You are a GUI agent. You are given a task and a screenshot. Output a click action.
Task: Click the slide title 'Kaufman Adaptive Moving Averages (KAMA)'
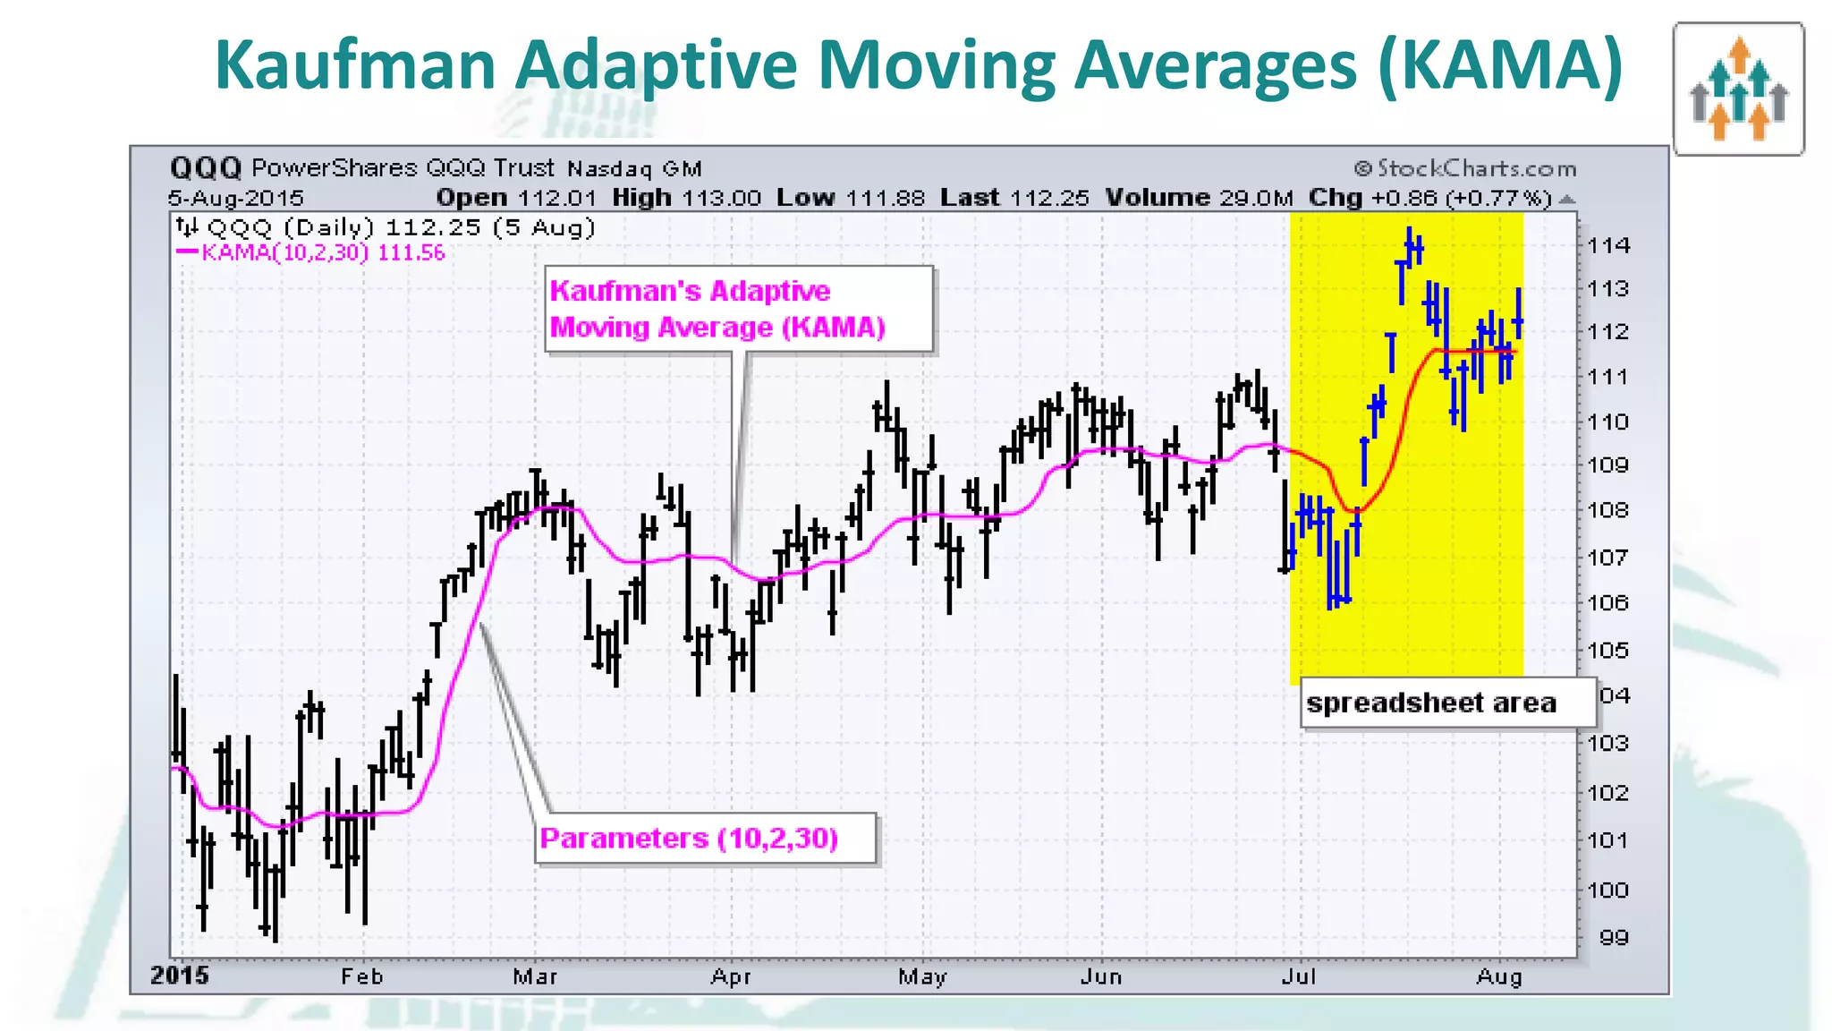pyautogui.click(x=918, y=65)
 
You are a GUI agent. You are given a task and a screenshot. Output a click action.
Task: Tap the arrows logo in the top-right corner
pyautogui.click(x=1738, y=89)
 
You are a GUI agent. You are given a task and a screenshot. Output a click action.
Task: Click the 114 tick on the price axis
pyautogui.click(x=1608, y=245)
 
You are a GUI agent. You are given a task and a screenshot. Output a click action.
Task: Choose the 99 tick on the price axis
pyautogui.click(x=1613, y=938)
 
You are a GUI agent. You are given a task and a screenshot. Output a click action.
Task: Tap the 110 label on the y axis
pyautogui.click(x=1608, y=422)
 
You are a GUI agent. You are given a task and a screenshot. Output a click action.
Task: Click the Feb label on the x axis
pyautogui.click(x=361, y=976)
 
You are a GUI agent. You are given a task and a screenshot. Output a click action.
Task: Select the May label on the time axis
pyautogui.click(x=922, y=976)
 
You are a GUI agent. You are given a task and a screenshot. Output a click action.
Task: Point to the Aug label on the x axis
pyautogui.click(x=1498, y=976)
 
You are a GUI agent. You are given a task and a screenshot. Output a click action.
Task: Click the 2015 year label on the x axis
pyautogui.click(x=180, y=976)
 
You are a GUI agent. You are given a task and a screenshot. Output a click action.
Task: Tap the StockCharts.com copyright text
pyautogui.click(x=1464, y=168)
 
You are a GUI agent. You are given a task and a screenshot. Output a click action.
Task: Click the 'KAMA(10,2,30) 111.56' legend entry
pyautogui.click(x=322, y=252)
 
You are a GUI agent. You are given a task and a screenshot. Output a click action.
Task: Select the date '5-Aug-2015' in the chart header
pyautogui.click(x=236, y=198)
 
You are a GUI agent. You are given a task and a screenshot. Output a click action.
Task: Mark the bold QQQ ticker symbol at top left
pyautogui.click(x=206, y=167)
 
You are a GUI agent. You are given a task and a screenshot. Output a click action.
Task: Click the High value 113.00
pyautogui.click(x=721, y=198)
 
